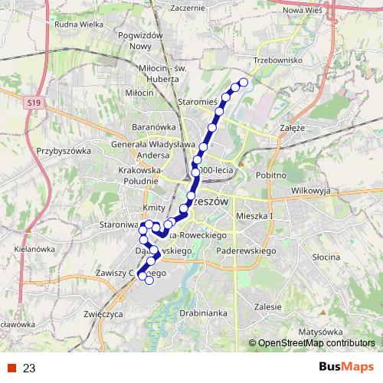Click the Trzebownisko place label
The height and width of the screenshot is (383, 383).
tap(280, 59)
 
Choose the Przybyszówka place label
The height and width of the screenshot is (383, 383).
tap(64, 151)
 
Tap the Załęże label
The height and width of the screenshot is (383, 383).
tap(293, 129)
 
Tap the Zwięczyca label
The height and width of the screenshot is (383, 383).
tap(105, 313)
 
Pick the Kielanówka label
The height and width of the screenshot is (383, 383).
tap(36, 249)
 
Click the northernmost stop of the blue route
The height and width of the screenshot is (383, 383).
tap(244, 82)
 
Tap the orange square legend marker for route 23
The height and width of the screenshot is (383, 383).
tap(12, 368)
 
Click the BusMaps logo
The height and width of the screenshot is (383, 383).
tap(347, 368)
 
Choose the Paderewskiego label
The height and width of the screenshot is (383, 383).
tap(246, 250)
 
